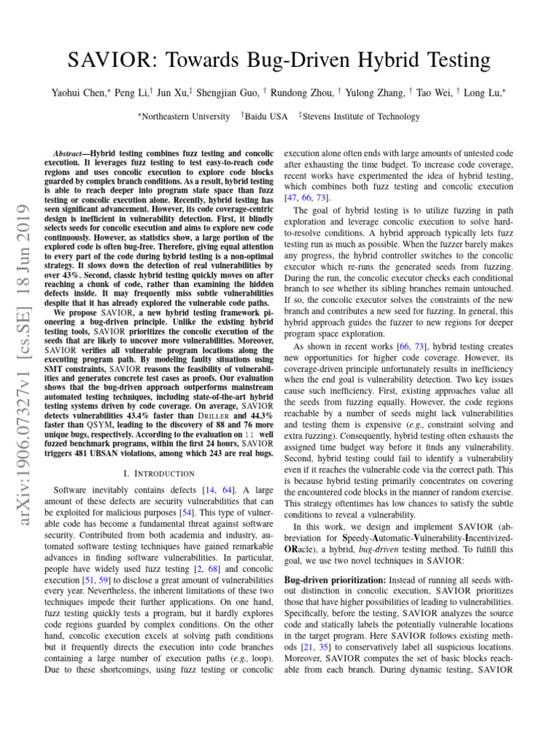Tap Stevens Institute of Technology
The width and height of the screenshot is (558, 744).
coord(361,116)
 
